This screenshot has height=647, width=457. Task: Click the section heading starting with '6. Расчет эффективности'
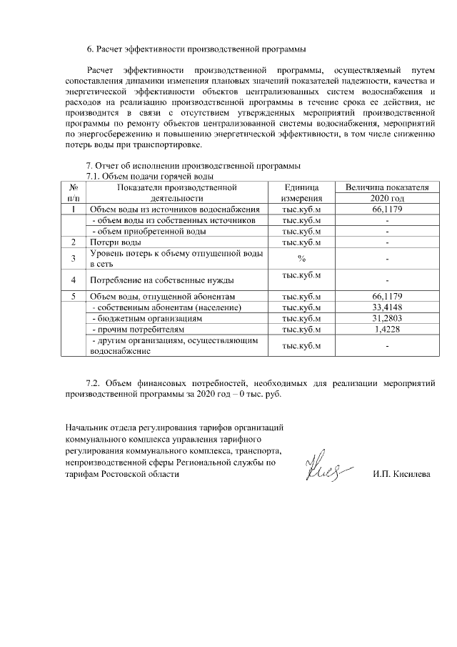[196, 49]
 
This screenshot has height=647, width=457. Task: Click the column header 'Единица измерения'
[301, 192]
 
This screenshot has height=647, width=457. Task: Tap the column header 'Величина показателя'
[387, 187]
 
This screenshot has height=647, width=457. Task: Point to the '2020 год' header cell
[387, 198]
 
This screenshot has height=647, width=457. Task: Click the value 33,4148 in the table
[387, 307]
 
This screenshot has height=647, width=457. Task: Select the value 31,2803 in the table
[387, 318]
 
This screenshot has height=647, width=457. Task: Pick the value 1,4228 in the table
[387, 329]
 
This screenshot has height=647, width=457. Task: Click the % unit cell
[301, 258]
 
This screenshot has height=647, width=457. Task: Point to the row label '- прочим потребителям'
[139, 329]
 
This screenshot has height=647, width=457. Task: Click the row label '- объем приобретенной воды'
[150, 232]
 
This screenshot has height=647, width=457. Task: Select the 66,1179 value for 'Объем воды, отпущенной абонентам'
[387, 296]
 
